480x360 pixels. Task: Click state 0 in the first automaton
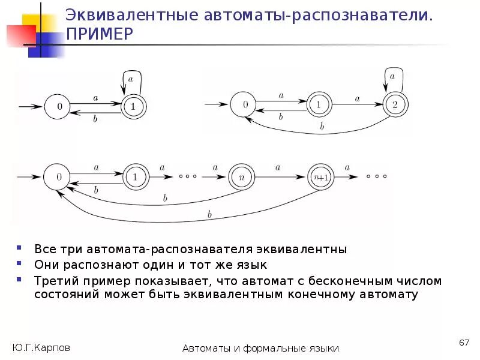pyautogui.click(x=59, y=107)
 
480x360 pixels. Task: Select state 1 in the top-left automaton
pyautogui.click(x=133, y=107)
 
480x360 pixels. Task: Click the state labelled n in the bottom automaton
pyautogui.click(x=240, y=177)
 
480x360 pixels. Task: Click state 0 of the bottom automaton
pyautogui.click(x=59, y=177)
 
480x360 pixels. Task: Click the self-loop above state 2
pyautogui.click(x=392, y=78)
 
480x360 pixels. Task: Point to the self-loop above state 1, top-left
pyautogui.click(x=133, y=80)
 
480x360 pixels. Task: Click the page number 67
pyautogui.click(x=463, y=342)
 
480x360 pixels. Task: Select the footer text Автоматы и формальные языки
pyautogui.click(x=261, y=349)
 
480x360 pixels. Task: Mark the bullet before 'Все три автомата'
pyautogui.click(x=20, y=248)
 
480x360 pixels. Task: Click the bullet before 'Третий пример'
pyautogui.click(x=20, y=280)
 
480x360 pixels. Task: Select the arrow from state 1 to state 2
pyautogui.click(x=356, y=104)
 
